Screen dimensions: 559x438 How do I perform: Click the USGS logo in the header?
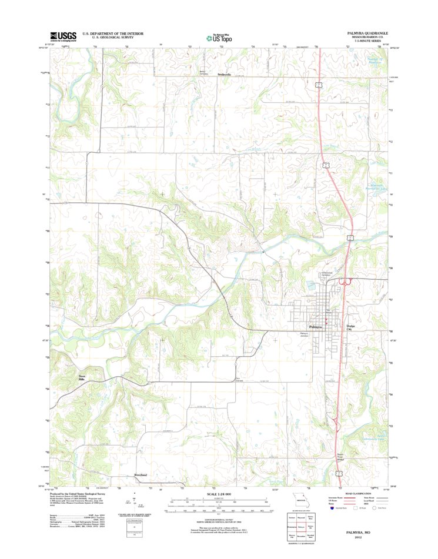click(63, 36)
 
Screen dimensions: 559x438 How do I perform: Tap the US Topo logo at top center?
click(219, 37)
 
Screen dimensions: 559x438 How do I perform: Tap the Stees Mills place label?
click(86, 378)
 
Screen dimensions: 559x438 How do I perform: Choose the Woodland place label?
click(140, 474)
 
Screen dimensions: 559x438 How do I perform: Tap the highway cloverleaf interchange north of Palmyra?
click(343, 283)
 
